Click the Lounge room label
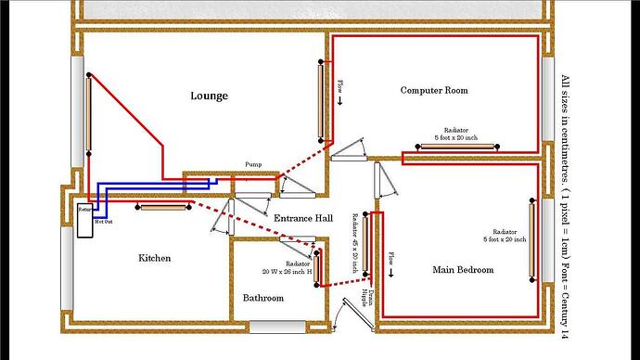209,96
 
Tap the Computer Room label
433,90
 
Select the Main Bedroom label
463,270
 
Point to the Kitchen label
154,258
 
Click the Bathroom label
263,298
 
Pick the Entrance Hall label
303,218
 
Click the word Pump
253,164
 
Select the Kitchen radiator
161,207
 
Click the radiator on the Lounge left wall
89,113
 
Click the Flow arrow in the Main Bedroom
391,265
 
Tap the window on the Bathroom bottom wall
275,327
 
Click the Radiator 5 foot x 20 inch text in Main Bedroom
505,235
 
